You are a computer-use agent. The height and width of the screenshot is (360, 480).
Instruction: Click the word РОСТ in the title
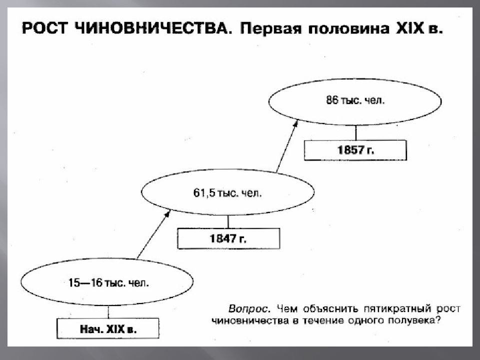click(44, 28)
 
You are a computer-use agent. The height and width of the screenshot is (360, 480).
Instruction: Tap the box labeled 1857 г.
click(355, 150)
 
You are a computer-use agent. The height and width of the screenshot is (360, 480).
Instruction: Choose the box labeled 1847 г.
click(228, 238)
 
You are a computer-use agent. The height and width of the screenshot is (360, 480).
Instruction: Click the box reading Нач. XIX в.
click(108, 328)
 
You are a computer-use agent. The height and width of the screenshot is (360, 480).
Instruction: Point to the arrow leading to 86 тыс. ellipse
click(287, 145)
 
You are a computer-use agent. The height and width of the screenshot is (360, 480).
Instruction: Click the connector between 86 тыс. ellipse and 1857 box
click(355, 132)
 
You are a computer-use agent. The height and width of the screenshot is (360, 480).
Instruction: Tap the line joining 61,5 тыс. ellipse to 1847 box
click(228, 221)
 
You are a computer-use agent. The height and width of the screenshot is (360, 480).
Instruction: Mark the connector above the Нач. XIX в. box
click(108, 311)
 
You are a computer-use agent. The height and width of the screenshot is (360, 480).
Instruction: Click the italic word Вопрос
click(249, 309)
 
